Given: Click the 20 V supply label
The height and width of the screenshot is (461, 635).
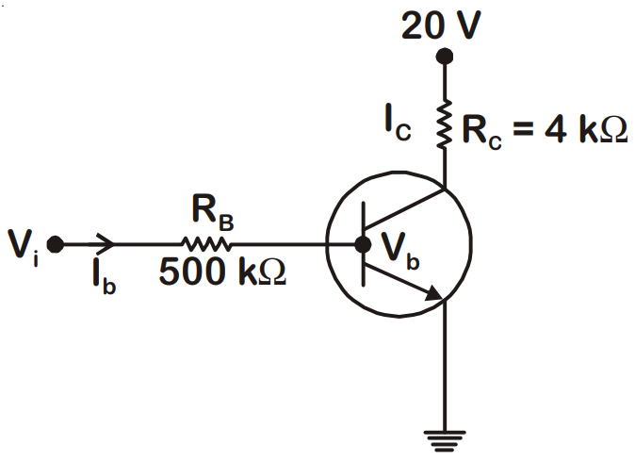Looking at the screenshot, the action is pyautogui.click(x=441, y=25).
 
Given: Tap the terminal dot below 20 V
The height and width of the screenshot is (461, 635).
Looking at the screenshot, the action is pyautogui.click(x=445, y=57).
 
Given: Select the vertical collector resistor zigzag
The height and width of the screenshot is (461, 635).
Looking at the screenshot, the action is pyautogui.click(x=445, y=123).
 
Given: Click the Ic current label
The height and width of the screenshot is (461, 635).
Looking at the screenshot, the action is pyautogui.click(x=398, y=123).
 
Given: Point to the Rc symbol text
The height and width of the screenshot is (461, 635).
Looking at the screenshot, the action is pyautogui.click(x=481, y=132).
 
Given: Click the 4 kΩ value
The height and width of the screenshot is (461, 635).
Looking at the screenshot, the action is pyautogui.click(x=586, y=130).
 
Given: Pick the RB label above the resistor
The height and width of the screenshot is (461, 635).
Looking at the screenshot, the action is pyautogui.click(x=213, y=213).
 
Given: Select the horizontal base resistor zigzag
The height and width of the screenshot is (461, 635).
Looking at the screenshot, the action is pyautogui.click(x=206, y=244).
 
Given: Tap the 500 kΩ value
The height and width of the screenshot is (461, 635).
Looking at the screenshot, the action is pyautogui.click(x=222, y=271).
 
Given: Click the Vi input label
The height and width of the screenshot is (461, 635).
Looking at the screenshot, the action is pyautogui.click(x=24, y=248).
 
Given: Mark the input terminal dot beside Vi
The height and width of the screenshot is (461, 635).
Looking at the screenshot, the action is pyautogui.click(x=55, y=244).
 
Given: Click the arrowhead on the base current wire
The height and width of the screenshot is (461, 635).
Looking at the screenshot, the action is pyautogui.click(x=106, y=244).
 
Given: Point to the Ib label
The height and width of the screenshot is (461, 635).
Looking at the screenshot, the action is pyautogui.click(x=104, y=276).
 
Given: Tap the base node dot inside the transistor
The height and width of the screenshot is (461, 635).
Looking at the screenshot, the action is pyautogui.click(x=363, y=244).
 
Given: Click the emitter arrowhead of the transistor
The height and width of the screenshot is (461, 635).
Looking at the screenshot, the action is pyautogui.click(x=434, y=292).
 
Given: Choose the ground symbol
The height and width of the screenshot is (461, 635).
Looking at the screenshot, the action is pyautogui.click(x=445, y=441).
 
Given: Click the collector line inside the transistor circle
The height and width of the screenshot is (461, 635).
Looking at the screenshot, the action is pyautogui.click(x=404, y=207).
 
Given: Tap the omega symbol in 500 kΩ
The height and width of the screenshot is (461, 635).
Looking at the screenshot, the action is pyautogui.click(x=272, y=271).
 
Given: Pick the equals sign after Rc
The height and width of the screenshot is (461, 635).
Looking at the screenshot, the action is pyautogui.click(x=523, y=130).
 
